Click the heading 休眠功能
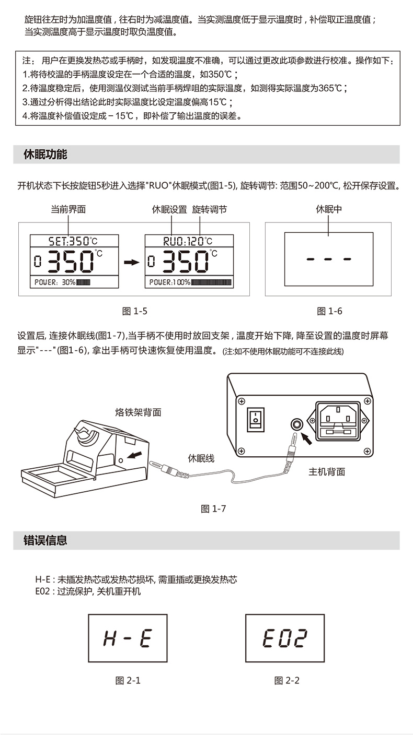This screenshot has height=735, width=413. point(45,154)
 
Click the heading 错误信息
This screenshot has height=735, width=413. point(45,540)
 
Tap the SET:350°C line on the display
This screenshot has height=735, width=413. point(74,241)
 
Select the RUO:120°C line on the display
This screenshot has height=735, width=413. point(188,241)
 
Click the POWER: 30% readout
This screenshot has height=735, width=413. point(62,282)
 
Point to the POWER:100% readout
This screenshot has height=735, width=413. point(190,282)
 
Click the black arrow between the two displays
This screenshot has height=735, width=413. point(132,262)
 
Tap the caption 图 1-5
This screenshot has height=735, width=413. point(135,311)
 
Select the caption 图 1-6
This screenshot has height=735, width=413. point(329,311)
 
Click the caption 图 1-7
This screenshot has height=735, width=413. point(213,508)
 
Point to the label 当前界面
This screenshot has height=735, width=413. point(68,209)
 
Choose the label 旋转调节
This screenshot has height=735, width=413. point(209,209)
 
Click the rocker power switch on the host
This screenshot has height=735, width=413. point(256,420)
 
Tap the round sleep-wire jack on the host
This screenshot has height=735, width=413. point(297,424)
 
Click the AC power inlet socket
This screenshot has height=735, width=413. point(338,421)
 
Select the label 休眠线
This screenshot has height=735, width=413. point(201,458)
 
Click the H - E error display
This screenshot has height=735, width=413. point(128,638)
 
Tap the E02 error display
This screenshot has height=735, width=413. point(285,638)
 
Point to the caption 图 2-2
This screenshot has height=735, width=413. point(287,681)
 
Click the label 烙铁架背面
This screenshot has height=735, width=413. point(139,412)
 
